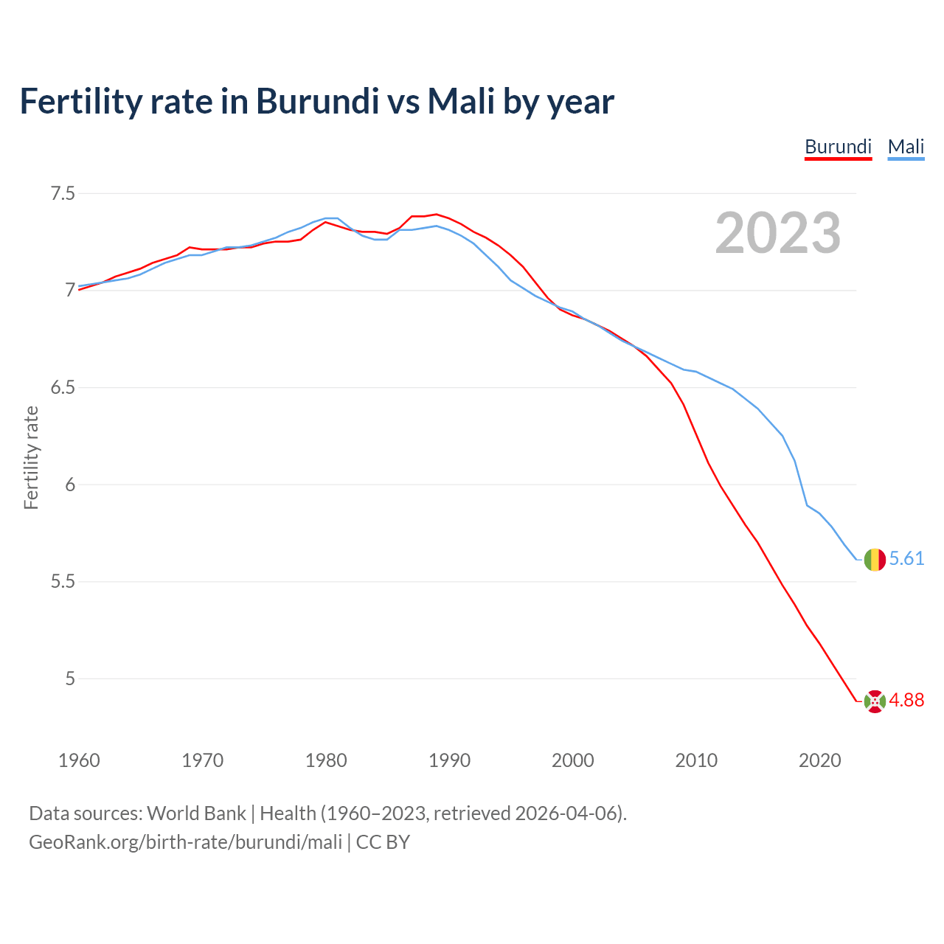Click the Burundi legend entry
(x=838, y=147)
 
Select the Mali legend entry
(x=906, y=147)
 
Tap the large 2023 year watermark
(x=778, y=233)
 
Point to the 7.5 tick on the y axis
(x=63, y=194)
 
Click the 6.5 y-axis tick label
(x=63, y=388)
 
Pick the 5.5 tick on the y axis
(x=63, y=582)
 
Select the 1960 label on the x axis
(x=79, y=760)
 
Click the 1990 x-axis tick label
(x=449, y=760)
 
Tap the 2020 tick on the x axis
(x=819, y=760)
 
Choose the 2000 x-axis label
(x=573, y=760)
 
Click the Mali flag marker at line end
(x=875, y=560)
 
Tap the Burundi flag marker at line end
(x=875, y=701)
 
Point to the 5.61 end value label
(x=906, y=559)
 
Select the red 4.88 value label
(x=906, y=701)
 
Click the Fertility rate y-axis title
(x=31, y=457)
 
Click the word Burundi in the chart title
(x=317, y=101)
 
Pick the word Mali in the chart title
(x=461, y=101)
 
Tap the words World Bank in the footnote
(x=196, y=813)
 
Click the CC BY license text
(x=383, y=842)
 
